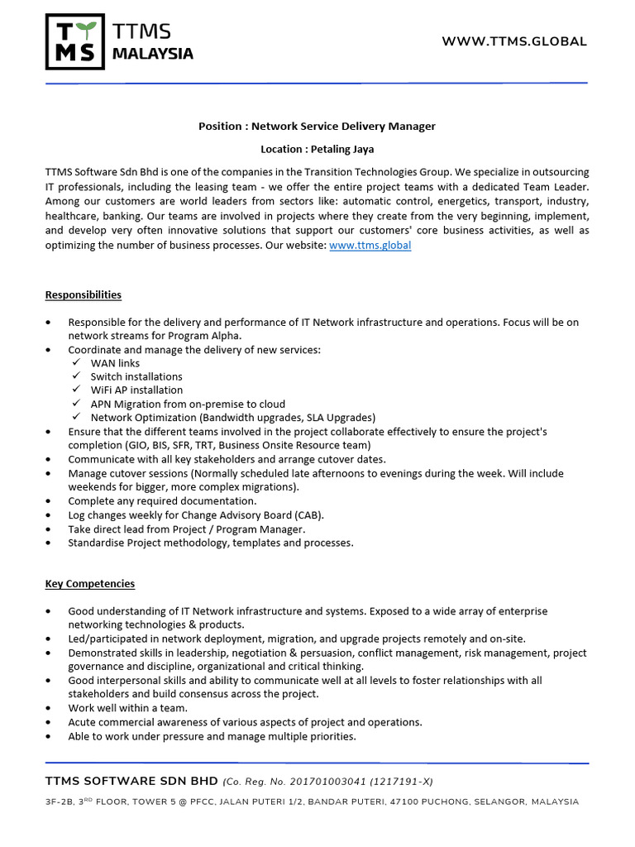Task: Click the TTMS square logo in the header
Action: [74, 41]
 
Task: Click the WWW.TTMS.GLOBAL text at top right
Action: [514, 41]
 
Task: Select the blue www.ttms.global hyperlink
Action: [370, 246]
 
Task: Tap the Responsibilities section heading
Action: [83, 294]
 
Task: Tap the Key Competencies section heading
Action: [89, 584]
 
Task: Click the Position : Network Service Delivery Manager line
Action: [317, 127]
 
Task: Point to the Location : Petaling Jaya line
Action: [317, 150]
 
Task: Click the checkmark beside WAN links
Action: [75, 363]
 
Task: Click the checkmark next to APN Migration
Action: [75, 404]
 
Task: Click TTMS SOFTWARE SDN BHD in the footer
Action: [132, 782]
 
